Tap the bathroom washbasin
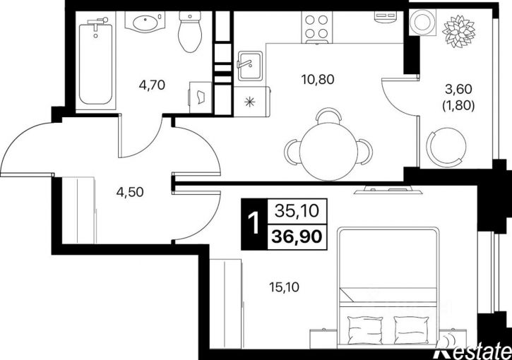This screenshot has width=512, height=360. tap(145, 22)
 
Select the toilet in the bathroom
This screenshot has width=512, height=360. tap(191, 32)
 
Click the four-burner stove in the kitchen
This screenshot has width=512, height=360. tap(316, 27)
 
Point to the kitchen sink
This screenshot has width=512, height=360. tap(250, 66)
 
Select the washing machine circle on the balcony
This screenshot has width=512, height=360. tap(423, 22)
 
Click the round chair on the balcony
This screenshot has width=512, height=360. tap(446, 145)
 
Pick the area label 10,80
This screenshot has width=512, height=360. tap(318, 79)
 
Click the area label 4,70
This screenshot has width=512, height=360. tap(152, 85)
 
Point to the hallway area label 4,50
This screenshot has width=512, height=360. tap(130, 192)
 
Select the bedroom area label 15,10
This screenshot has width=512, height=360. tap(284, 287)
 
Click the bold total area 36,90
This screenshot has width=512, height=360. tap(297, 237)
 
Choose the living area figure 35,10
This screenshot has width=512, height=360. tap(297, 211)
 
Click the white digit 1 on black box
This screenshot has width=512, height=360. tap(254, 224)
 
